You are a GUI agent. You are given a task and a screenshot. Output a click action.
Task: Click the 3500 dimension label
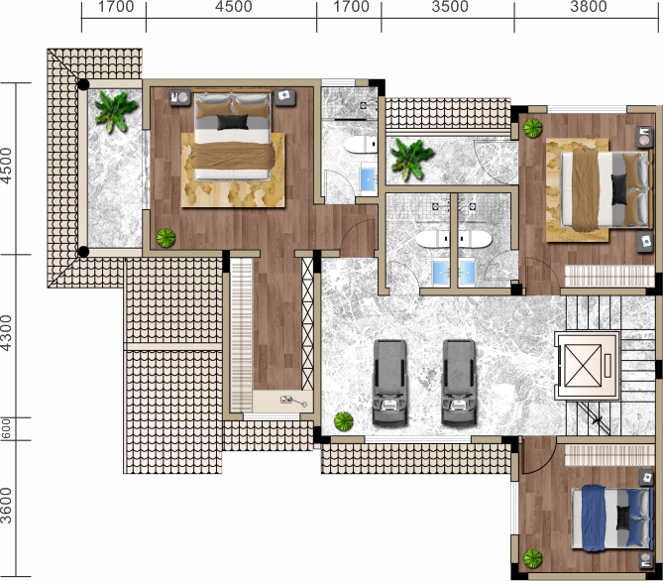(x=450, y=7)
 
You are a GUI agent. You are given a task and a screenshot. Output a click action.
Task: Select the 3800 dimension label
(x=588, y=7)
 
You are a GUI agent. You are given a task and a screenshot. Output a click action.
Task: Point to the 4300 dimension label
(x=6, y=332)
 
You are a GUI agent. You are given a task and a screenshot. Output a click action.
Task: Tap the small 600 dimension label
(x=6, y=428)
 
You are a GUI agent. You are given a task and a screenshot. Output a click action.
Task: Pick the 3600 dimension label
(x=6, y=506)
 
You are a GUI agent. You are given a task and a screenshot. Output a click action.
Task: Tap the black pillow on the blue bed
(x=622, y=518)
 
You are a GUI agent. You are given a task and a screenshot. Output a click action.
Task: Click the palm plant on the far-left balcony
(x=115, y=111)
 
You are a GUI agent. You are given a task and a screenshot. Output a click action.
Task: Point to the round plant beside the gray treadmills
(x=343, y=421)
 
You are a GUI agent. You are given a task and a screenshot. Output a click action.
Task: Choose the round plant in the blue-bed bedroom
(x=532, y=558)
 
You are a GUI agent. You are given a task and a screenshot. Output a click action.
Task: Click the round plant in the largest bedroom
(x=166, y=238)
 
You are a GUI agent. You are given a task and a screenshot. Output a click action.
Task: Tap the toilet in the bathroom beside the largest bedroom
(x=361, y=145)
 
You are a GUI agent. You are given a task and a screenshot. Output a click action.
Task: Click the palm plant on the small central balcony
(x=412, y=159)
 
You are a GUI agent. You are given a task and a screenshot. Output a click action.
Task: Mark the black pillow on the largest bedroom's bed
(x=233, y=122)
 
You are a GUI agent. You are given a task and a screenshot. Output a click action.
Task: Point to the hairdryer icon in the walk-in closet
(x=293, y=401)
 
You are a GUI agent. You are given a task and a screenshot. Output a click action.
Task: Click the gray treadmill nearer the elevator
(x=459, y=383)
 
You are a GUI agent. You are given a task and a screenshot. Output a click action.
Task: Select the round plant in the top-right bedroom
(x=532, y=128)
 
